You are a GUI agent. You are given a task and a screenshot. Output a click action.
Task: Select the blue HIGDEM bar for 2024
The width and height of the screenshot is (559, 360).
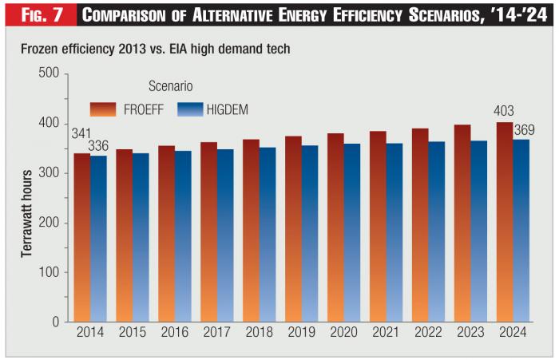coord(521,231)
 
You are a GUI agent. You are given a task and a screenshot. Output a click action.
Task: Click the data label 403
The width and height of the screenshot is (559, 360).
coord(504,112)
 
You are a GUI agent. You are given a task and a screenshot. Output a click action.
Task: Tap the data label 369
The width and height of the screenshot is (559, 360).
coord(525,130)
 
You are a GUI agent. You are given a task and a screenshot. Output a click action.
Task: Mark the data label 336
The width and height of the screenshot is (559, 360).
coord(100,146)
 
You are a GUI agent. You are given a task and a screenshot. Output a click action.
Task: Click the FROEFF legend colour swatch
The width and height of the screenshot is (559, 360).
coord(104,109)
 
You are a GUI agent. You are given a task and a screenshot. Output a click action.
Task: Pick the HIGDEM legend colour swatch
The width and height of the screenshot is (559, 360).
coord(189,109)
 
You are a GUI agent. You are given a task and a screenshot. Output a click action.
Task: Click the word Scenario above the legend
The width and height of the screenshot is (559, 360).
coord(170,85)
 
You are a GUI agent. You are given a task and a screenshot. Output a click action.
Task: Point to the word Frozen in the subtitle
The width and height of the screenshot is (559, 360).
coord(39,49)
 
